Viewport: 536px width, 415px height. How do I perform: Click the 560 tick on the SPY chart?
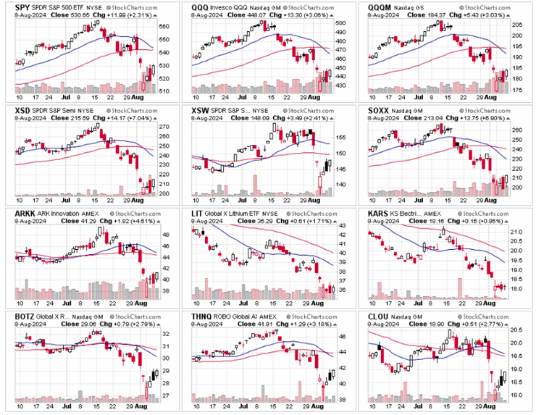(x=164, y=27)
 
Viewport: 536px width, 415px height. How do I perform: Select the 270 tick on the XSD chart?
(x=164, y=127)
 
